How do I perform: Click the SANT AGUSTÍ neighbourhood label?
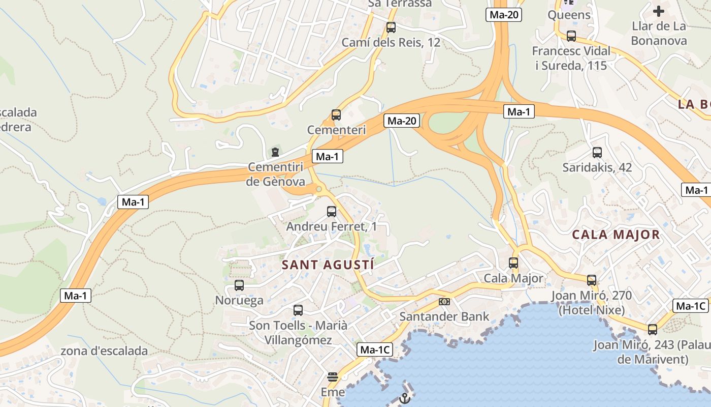coord(328,265)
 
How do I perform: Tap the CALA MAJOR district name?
coord(616,235)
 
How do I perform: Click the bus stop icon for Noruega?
coord(239,285)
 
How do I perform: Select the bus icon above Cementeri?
coord(336,115)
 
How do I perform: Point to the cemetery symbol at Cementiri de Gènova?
coord(275,152)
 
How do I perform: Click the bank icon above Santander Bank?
coord(444,302)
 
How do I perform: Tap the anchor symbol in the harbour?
coord(404,398)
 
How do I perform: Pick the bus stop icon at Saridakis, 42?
coord(597,152)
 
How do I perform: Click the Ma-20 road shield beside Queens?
coord(504,15)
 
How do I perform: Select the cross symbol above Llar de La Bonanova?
coord(659,11)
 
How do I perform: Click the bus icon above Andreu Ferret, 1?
coord(332,211)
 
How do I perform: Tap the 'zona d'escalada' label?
coord(104,351)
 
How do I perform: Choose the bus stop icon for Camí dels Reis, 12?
coord(391,27)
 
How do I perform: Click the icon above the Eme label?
coord(333,377)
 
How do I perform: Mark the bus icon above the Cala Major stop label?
coord(513,263)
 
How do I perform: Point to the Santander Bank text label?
coord(444,316)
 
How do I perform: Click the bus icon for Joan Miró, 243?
coord(653,329)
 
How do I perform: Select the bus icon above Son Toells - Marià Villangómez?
coord(298,310)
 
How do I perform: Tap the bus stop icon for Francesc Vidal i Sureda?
coord(571,36)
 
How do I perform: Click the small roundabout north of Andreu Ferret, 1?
coord(319,189)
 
